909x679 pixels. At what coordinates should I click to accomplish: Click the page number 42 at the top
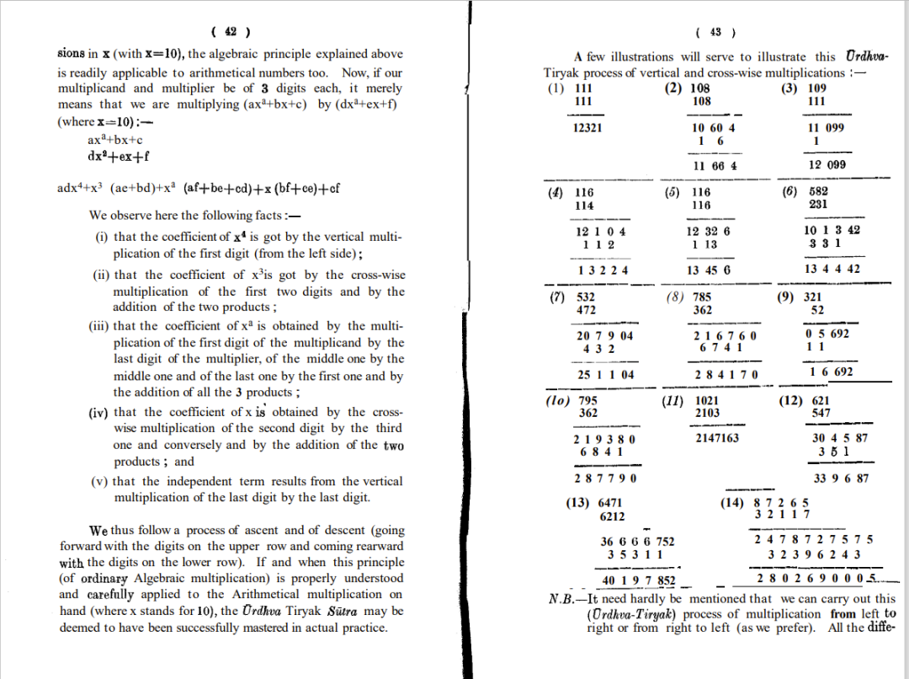[229, 33]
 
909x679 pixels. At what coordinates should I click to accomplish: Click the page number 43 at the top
[715, 33]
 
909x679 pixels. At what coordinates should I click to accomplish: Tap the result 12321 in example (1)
[587, 128]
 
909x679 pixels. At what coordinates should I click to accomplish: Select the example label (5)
[672, 192]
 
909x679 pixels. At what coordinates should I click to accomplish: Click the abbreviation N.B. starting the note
[566, 600]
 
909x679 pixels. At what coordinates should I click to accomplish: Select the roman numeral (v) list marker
[100, 482]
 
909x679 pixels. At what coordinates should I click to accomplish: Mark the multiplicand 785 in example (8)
[702, 297]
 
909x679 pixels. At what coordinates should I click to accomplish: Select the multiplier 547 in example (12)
[821, 413]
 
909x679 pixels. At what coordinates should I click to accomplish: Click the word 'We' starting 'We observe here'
[99, 215]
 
